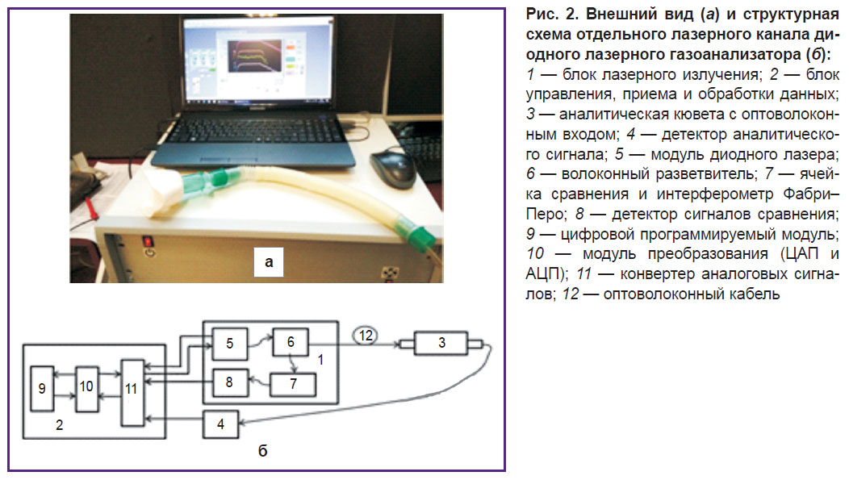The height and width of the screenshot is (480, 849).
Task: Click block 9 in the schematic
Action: [x=42, y=389]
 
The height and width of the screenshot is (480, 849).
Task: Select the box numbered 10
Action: [x=86, y=389]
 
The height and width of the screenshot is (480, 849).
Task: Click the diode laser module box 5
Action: [x=229, y=344]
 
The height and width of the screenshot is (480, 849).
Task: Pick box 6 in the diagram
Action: [x=291, y=342]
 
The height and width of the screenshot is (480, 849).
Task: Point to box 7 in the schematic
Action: [x=293, y=384]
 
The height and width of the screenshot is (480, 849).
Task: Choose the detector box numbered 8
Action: [x=230, y=383]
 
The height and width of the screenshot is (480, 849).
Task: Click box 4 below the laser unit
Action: [x=221, y=424]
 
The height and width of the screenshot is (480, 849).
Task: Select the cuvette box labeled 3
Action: [x=441, y=343]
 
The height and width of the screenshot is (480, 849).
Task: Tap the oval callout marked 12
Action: [x=366, y=336]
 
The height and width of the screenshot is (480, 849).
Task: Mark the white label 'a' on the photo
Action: [x=269, y=261]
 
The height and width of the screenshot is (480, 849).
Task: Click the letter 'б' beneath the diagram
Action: [x=262, y=450]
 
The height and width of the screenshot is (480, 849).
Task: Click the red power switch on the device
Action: [x=147, y=241]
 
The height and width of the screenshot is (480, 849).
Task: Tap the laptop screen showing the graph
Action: [x=257, y=61]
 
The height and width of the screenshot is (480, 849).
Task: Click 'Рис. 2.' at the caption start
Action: [x=552, y=15]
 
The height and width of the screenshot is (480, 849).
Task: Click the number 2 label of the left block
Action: [x=60, y=425]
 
